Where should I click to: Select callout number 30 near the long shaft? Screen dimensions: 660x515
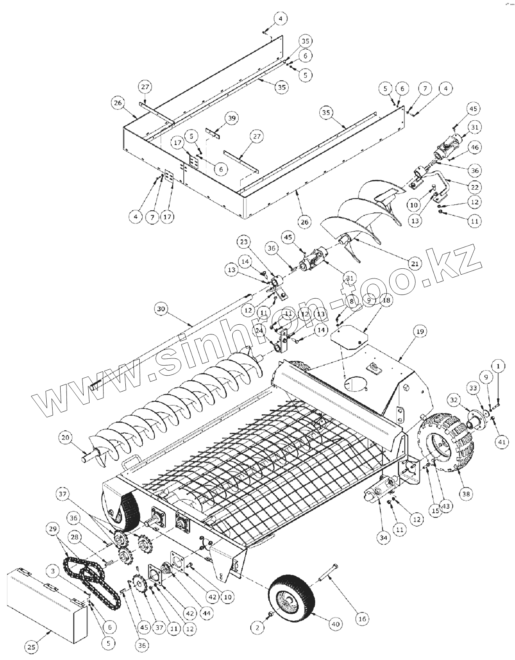[x=161, y=309]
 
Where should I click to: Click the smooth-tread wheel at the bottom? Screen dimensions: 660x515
[x=292, y=594]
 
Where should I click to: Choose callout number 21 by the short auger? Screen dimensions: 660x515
[x=415, y=264]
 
